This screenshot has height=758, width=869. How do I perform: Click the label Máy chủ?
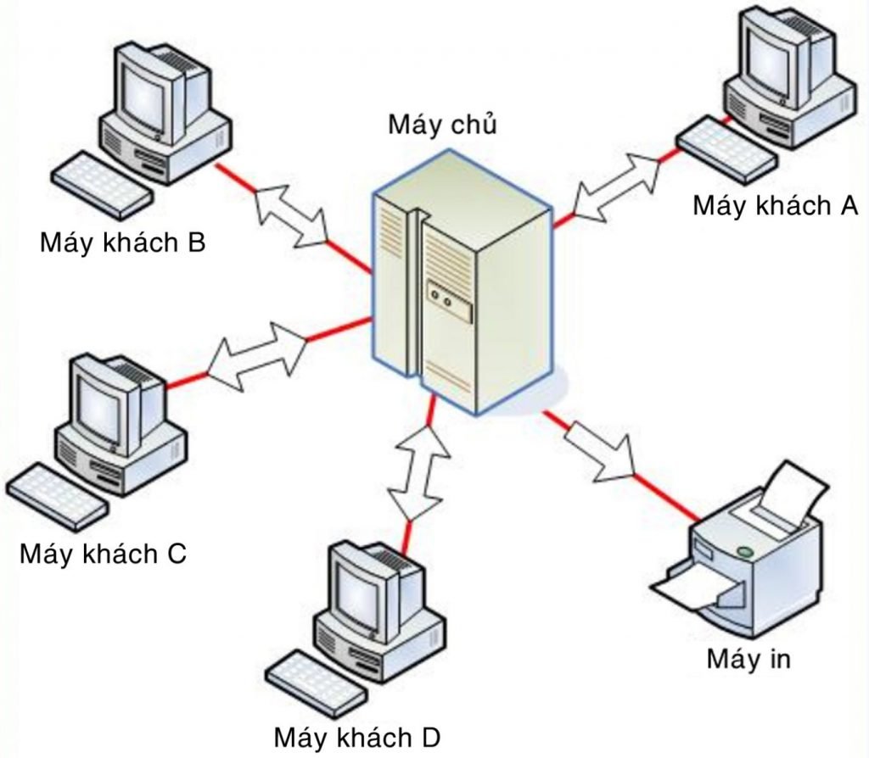coord(441,124)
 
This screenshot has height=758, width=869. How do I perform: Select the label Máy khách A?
coord(776,205)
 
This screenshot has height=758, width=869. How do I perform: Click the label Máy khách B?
coord(122,244)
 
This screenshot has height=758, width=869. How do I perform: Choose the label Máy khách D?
coord(357,736)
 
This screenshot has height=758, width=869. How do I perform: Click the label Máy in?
coord(748,659)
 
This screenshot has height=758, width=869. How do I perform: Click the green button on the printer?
coord(745,552)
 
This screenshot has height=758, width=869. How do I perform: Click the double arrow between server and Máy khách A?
coord(617,182)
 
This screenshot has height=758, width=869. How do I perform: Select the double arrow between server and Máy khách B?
coord(291,213)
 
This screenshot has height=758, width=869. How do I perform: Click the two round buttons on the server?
coord(442,298)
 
